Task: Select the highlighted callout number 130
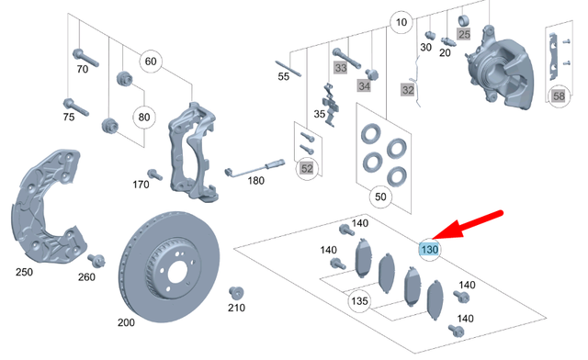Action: tap(428, 249)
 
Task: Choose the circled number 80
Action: tap(145, 118)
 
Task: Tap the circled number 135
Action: tap(359, 300)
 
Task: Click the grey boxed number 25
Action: tap(464, 34)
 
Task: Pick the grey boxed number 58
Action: tap(559, 95)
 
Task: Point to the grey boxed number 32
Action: tap(408, 90)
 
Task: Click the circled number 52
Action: tap(307, 168)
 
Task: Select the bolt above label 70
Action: tap(81, 54)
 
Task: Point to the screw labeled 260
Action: tap(96, 261)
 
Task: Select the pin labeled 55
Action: tap(285, 66)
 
